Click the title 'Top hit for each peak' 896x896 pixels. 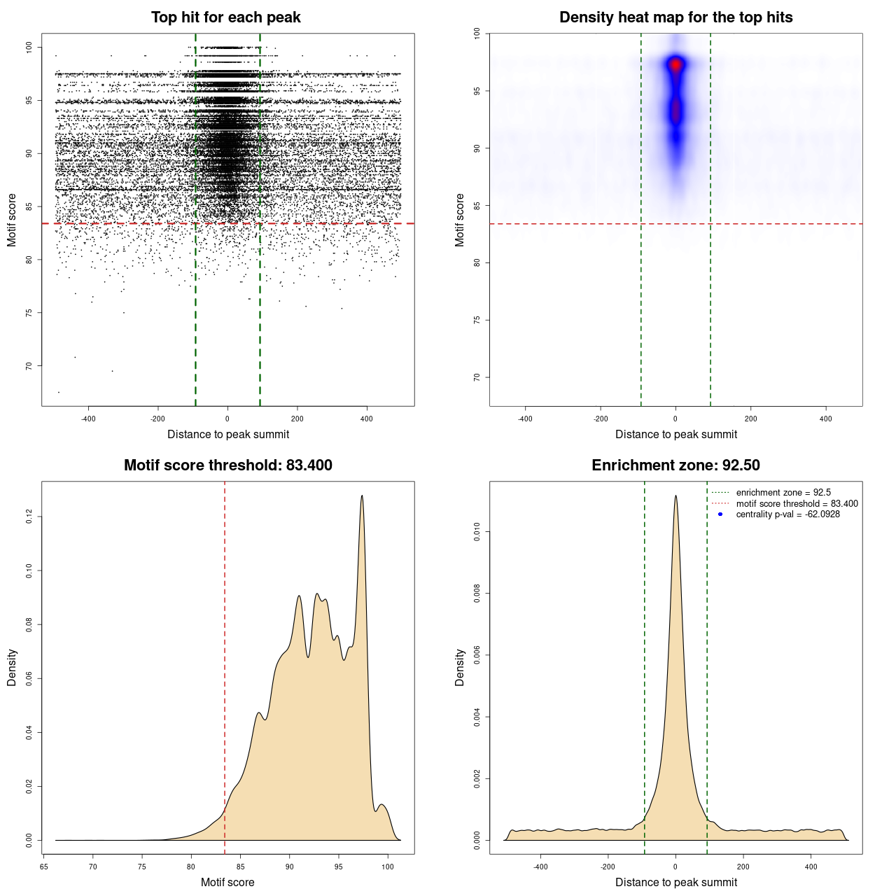click(x=225, y=17)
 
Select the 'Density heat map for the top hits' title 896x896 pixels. click(x=675, y=17)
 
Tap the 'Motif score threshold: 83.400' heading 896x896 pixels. click(x=227, y=465)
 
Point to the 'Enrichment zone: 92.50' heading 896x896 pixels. click(x=675, y=465)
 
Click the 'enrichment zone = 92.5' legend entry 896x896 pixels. click(x=783, y=493)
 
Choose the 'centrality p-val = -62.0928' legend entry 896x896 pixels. click(x=787, y=514)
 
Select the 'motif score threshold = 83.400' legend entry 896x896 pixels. click(x=797, y=504)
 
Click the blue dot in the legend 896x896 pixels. click(x=720, y=514)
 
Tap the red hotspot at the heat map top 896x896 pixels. click(x=675, y=65)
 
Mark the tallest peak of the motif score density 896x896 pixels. click(x=362, y=496)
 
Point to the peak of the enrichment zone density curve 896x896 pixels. click(x=675, y=496)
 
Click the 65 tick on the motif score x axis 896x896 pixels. click(x=43, y=867)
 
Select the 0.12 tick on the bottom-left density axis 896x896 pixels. click(x=29, y=517)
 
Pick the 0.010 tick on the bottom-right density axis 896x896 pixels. click(x=477, y=532)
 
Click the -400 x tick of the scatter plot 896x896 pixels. click(x=88, y=419)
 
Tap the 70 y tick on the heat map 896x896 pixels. click(x=477, y=377)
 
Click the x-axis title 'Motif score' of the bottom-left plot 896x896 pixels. click(x=227, y=882)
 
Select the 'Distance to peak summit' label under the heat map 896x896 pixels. click(x=675, y=434)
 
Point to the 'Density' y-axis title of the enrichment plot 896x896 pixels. click(x=460, y=667)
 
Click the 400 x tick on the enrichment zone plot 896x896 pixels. click(x=811, y=867)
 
